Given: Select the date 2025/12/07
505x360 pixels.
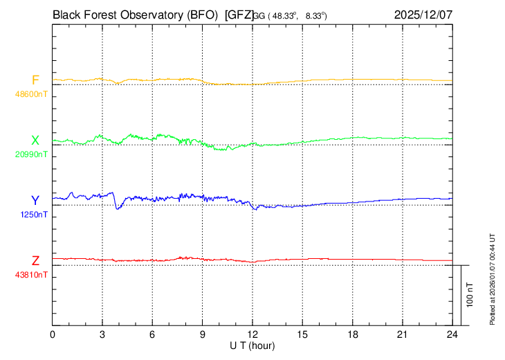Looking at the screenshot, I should pyautogui.click(x=423, y=13).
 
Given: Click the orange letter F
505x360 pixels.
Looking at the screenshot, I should pyautogui.click(x=35, y=80).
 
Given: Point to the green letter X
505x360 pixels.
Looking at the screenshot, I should pyautogui.click(x=35, y=140).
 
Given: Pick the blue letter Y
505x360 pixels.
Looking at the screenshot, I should pyautogui.click(x=35, y=200).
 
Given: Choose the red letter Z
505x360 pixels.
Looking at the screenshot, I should pyautogui.click(x=35, y=260).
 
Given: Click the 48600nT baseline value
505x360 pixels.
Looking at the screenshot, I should pyautogui.click(x=32, y=93).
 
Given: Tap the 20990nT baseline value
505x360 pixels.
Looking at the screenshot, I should pyautogui.click(x=32, y=154).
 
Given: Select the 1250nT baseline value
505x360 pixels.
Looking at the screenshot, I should pyautogui.click(x=34, y=214).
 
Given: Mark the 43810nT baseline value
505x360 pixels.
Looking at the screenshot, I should pyautogui.click(x=32, y=274).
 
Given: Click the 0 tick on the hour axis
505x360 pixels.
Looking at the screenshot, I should pyautogui.click(x=53, y=335).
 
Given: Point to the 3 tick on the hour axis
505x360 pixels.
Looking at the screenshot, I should pyautogui.click(x=102, y=335).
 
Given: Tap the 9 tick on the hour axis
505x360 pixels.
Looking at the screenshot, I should pyautogui.click(x=203, y=335).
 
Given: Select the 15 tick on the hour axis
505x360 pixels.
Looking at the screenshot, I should pyautogui.click(x=302, y=335).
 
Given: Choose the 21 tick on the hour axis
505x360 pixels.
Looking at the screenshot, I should pyautogui.click(x=403, y=335).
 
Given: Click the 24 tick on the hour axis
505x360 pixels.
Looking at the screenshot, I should pyautogui.click(x=452, y=335).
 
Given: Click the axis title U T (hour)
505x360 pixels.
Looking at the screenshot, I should pyautogui.click(x=252, y=345).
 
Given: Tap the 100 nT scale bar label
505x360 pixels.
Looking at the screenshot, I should pyautogui.click(x=470, y=295).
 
